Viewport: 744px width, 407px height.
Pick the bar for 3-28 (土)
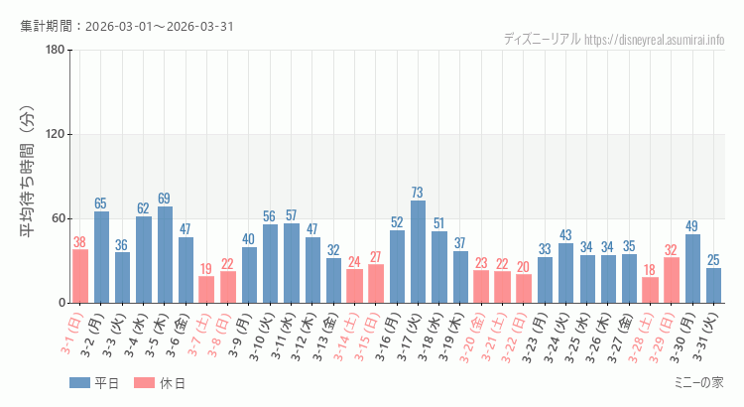650,290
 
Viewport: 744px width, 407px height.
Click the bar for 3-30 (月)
692,269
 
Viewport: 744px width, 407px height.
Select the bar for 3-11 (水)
292,263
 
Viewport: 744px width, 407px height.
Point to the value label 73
418,193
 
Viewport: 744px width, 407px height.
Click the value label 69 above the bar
165,199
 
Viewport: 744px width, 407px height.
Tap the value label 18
650,270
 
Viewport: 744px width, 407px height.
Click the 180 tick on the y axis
56,51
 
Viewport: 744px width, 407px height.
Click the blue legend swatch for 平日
79,383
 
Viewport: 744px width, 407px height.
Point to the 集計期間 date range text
127,25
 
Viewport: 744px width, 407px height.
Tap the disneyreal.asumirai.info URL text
655,39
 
